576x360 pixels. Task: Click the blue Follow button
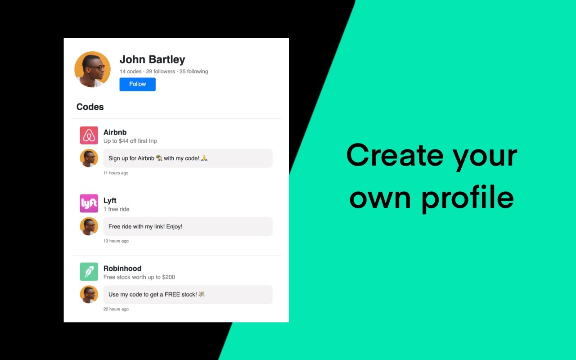tap(137, 84)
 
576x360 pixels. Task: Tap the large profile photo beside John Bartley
tap(92, 69)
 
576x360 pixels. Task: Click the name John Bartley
tap(152, 59)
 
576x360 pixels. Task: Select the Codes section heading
tap(90, 107)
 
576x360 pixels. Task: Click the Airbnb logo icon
tap(89, 135)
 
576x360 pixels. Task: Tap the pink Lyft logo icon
tap(89, 203)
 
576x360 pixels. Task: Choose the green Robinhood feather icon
tap(89, 272)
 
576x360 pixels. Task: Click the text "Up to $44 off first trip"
tap(130, 141)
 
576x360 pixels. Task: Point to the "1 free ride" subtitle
tap(116, 209)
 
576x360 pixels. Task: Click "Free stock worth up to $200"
tap(139, 277)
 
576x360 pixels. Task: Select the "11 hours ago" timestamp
tap(116, 173)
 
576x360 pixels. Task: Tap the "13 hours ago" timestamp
tap(116, 241)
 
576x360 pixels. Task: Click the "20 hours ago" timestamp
tap(116, 309)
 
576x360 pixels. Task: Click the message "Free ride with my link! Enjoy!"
tap(145, 226)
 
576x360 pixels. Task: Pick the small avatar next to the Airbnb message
tap(89, 158)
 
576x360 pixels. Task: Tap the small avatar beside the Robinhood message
tap(89, 294)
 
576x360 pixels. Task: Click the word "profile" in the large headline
tap(468, 198)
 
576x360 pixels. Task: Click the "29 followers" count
tap(160, 72)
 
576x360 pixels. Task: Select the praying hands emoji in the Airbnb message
tap(204, 158)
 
